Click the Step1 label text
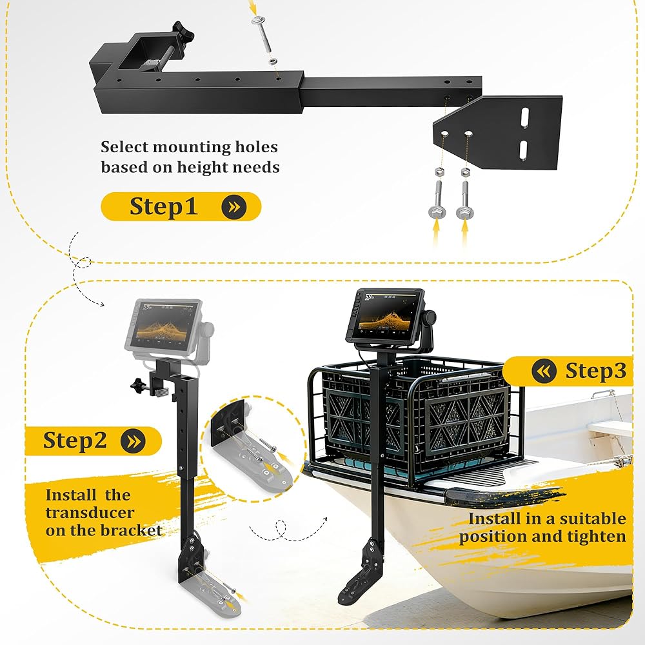(x=164, y=206)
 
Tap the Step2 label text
(x=75, y=441)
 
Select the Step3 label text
(x=595, y=371)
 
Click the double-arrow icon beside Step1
(x=233, y=206)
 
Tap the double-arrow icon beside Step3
(x=544, y=371)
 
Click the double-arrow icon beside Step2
(x=133, y=441)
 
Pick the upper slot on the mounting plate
(x=525, y=116)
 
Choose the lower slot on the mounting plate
(x=523, y=150)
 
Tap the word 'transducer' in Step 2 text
(x=90, y=513)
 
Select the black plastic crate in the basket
(x=415, y=417)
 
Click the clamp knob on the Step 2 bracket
(x=139, y=386)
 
